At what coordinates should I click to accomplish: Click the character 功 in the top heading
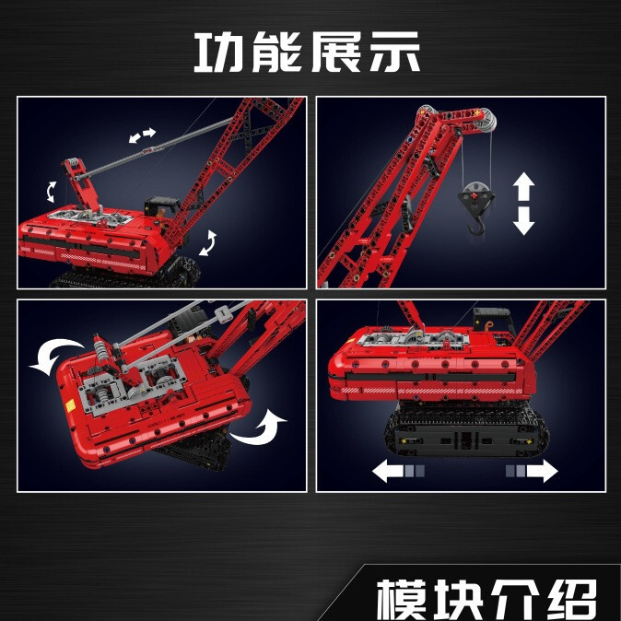click(x=221, y=53)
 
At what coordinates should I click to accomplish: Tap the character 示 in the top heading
click(x=392, y=53)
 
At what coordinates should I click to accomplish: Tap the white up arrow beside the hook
click(x=523, y=187)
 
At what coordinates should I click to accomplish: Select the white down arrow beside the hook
click(x=523, y=221)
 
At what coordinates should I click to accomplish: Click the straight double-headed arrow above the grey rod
click(x=142, y=135)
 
